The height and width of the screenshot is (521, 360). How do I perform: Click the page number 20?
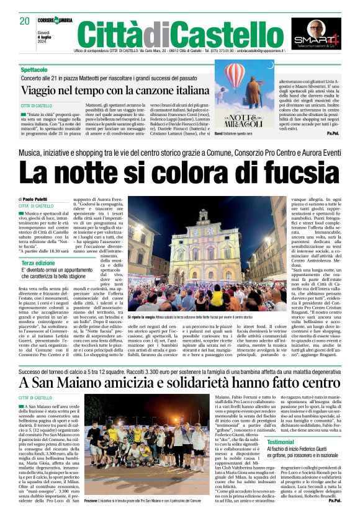[25, 21]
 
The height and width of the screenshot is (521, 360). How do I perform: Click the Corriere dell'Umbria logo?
[55, 20]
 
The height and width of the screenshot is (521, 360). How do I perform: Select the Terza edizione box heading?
[38, 263]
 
